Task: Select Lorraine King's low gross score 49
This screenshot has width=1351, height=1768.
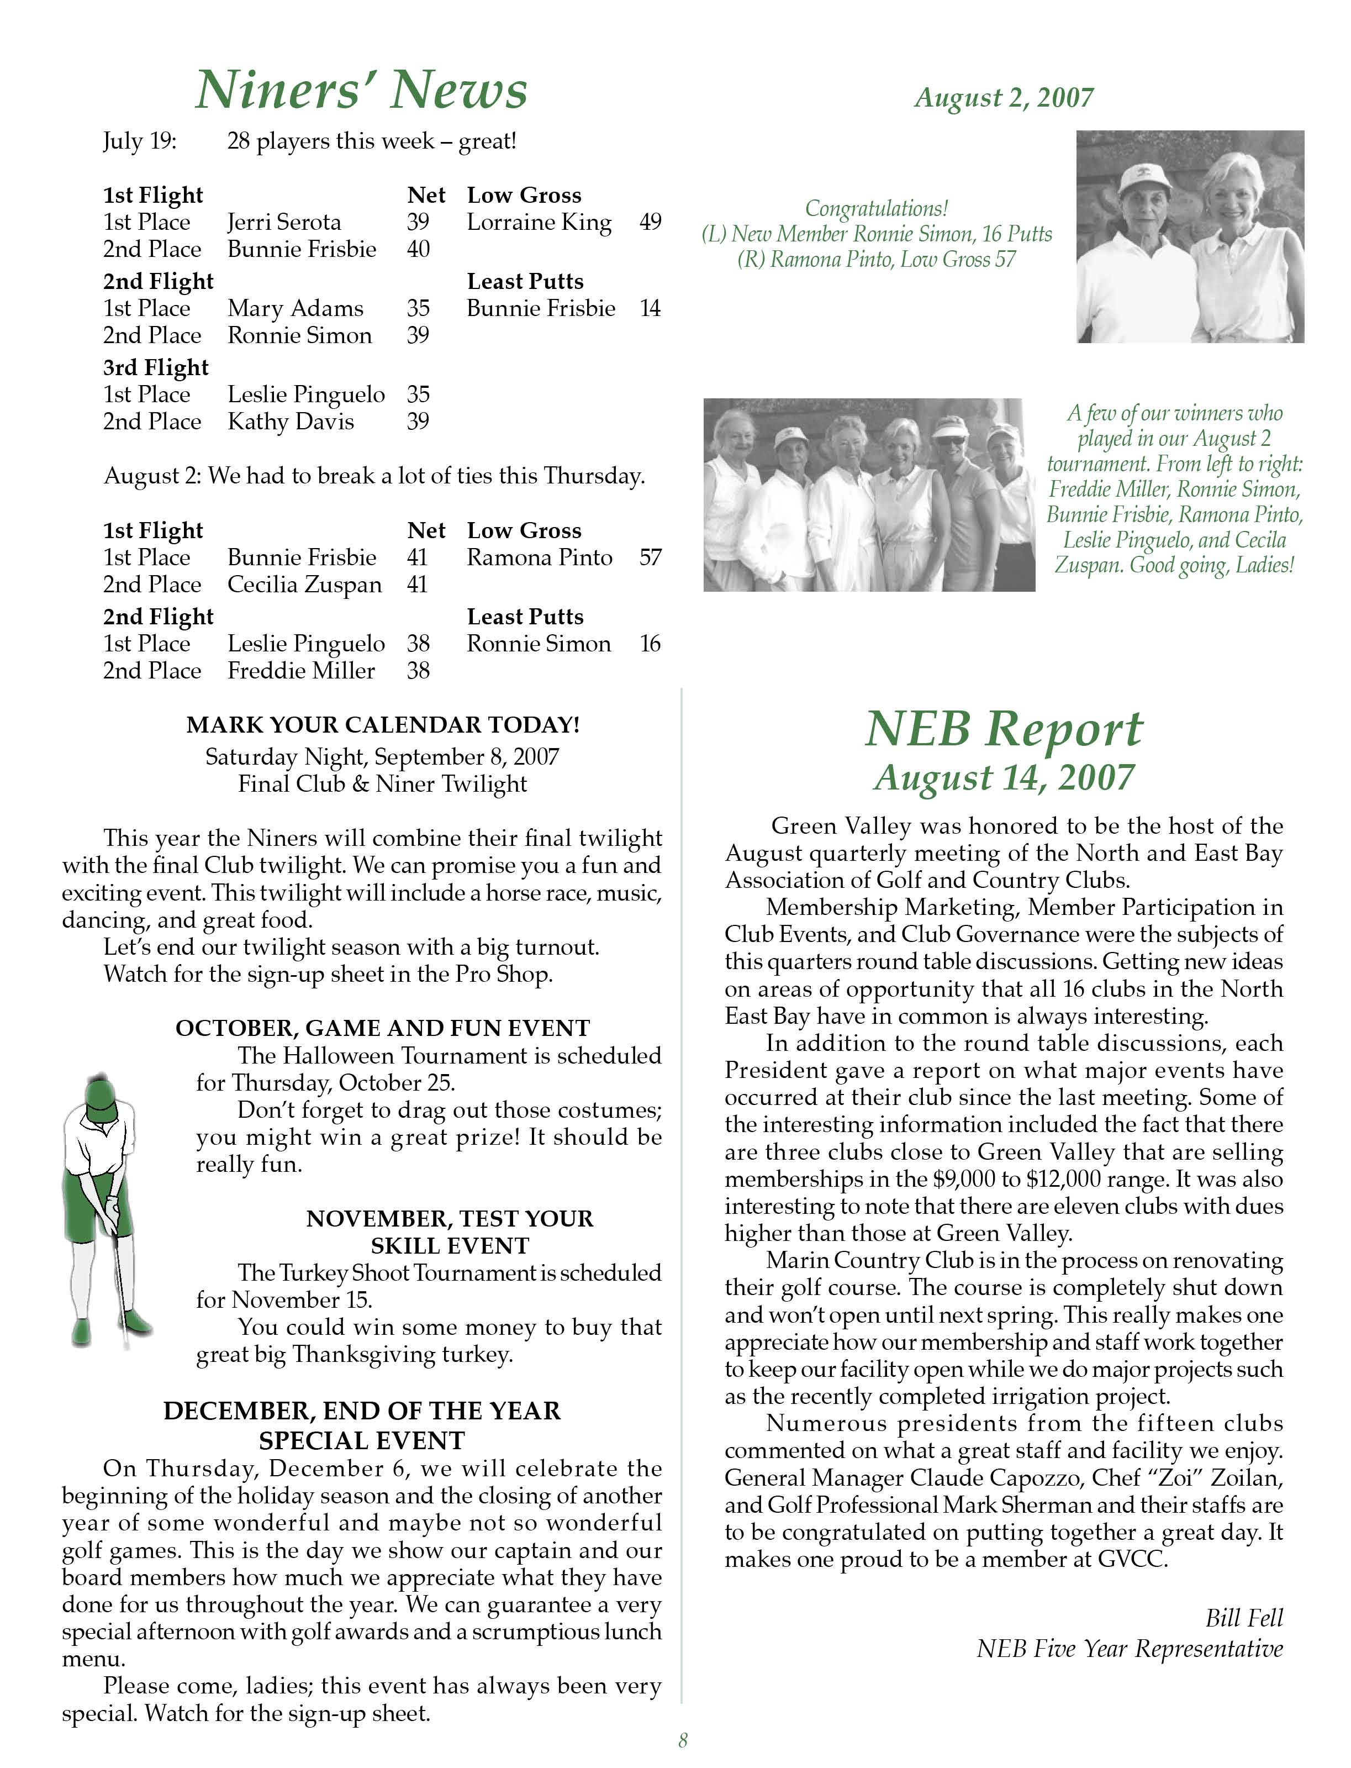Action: click(x=650, y=222)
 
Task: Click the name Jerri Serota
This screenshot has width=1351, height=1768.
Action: click(x=284, y=222)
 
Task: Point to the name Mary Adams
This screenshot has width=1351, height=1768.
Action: click(x=295, y=308)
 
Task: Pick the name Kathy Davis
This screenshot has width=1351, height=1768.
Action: click(x=291, y=422)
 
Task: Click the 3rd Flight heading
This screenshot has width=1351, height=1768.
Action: click(x=155, y=367)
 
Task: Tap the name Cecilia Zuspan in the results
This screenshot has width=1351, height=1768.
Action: click(x=304, y=585)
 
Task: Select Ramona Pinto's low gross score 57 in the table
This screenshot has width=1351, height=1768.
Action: click(x=650, y=557)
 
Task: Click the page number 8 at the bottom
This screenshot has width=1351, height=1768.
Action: click(x=683, y=1741)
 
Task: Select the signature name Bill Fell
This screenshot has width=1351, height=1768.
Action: click(x=1243, y=1618)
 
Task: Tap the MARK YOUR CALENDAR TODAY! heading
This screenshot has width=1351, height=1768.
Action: click(x=383, y=725)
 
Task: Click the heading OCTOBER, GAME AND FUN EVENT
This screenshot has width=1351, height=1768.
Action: click(x=383, y=1028)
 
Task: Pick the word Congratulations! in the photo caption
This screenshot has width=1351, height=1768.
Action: click(x=877, y=208)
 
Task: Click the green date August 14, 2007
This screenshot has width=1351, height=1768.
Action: click(x=1004, y=777)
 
